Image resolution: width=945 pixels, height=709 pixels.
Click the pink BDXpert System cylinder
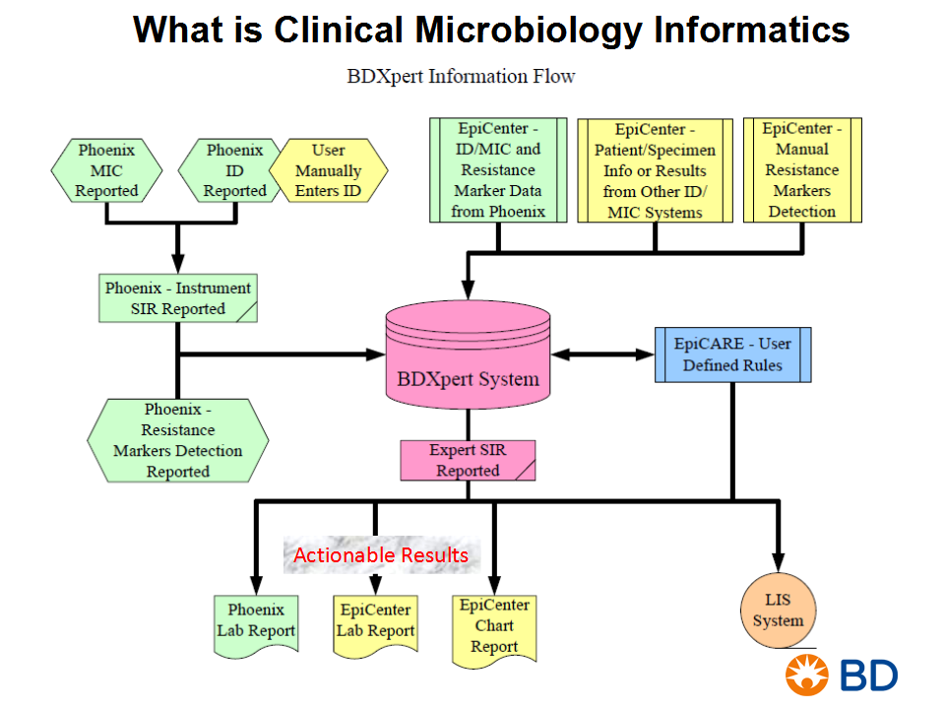click(468, 355)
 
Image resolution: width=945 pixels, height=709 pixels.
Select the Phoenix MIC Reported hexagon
click(106, 170)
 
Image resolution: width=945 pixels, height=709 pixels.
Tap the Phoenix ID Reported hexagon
click(231, 170)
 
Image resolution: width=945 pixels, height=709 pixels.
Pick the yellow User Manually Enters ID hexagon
click(329, 170)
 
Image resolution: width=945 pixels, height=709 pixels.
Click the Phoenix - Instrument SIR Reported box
click(178, 298)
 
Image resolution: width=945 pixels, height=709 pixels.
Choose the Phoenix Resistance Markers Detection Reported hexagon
click(178, 441)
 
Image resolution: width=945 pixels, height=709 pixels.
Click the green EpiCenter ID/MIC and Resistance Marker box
click(498, 170)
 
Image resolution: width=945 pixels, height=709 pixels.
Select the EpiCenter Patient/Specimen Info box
click(656, 170)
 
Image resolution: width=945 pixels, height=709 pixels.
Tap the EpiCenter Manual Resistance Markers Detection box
click(802, 170)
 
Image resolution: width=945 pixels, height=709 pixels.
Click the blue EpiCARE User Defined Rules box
click(732, 354)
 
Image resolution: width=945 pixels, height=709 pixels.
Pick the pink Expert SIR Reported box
click(468, 460)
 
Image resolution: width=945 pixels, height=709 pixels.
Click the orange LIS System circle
click(778, 611)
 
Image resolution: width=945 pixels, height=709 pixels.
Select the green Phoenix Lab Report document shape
click(256, 625)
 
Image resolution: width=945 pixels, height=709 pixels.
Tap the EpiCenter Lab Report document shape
click(375, 625)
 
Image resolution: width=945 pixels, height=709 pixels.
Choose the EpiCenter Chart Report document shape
click(494, 630)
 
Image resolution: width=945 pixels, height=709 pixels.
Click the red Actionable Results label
click(381, 554)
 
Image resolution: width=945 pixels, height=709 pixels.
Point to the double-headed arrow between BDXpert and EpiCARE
click(602, 354)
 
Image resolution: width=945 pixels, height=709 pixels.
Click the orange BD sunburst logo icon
click(807, 676)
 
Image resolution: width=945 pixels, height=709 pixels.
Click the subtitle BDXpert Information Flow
click(461, 77)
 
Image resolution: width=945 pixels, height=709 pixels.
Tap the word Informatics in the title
click(751, 30)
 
